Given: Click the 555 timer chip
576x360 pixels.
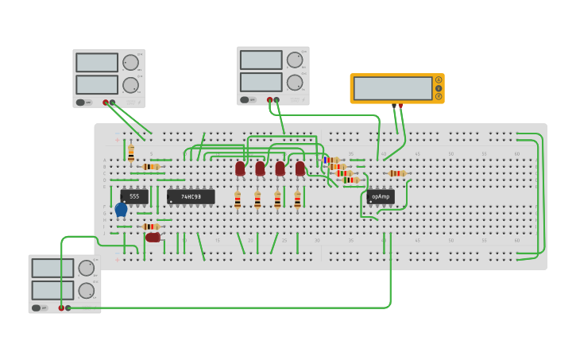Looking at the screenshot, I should (134, 196).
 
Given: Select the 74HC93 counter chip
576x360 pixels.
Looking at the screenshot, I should (191, 196).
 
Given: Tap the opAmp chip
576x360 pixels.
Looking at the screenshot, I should (381, 196).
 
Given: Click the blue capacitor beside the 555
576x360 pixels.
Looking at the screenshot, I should (121, 210).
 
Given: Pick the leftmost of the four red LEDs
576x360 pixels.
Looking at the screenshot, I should (240, 168).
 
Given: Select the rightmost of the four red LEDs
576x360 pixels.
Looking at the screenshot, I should (300, 168).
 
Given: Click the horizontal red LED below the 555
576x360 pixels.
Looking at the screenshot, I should (153, 237).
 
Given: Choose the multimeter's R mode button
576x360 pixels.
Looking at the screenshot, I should (439, 96).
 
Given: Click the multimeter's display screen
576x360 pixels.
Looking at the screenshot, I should (392, 88).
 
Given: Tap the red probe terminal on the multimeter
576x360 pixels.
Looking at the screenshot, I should (400, 105).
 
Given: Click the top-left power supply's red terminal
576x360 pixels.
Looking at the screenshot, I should (105, 103).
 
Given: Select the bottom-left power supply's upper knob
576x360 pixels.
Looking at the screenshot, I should (86, 268).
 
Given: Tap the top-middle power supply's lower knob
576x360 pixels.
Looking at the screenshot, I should (295, 82).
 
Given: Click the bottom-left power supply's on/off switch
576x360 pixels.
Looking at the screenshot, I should (37, 308).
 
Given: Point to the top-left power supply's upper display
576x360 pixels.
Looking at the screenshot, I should (97, 63).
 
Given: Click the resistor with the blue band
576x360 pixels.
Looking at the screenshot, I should (331, 160).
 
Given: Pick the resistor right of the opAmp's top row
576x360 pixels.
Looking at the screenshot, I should (396, 173).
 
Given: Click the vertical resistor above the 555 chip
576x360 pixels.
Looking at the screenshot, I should (131, 153).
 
